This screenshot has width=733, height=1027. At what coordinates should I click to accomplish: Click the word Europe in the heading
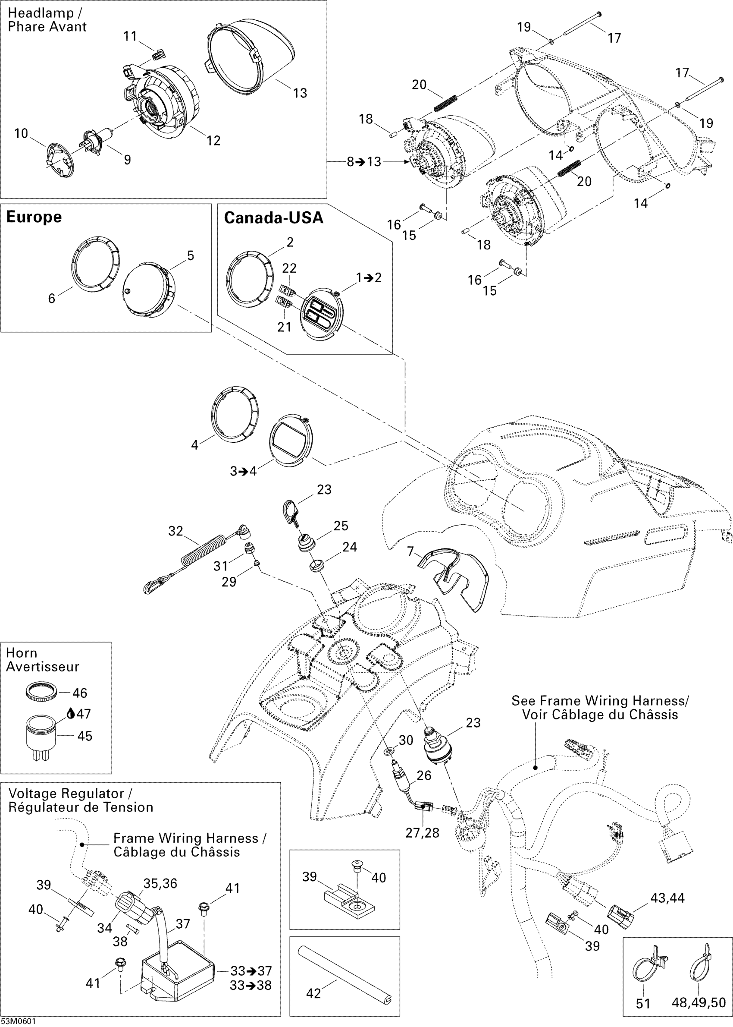(x=34, y=217)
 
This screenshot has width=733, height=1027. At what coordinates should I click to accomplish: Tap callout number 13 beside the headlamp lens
(x=300, y=93)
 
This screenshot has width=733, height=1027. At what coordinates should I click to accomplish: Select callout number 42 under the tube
(x=314, y=993)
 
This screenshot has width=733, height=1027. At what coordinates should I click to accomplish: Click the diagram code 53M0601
(x=19, y=1021)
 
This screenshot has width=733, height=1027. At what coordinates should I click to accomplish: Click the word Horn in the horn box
(x=21, y=653)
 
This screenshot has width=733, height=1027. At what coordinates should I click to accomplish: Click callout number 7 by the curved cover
(x=410, y=551)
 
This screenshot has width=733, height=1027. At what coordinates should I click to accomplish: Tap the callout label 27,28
(x=422, y=832)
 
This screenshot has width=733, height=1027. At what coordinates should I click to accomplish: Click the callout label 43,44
(x=667, y=898)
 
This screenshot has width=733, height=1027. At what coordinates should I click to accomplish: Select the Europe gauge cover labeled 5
(x=149, y=290)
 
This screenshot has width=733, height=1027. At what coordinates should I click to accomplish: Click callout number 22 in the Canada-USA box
(x=289, y=268)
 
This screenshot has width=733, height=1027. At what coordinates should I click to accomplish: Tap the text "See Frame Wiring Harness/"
(x=600, y=701)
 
